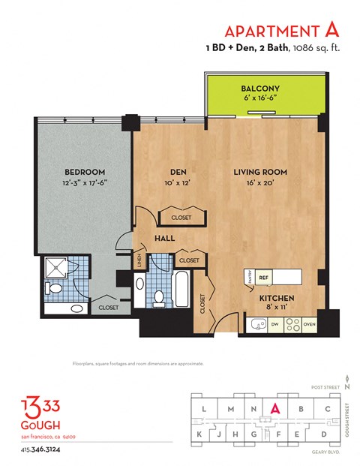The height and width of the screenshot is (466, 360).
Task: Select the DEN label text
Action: click(x=174, y=172)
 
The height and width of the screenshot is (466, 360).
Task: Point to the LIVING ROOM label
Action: click(x=259, y=172)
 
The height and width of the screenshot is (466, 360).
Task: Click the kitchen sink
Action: click(x=257, y=325)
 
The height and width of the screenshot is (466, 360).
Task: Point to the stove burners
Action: click(x=292, y=325)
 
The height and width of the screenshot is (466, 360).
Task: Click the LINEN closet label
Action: click(x=139, y=260)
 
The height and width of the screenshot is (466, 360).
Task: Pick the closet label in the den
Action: click(x=181, y=218)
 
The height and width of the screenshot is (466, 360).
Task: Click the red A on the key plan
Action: click(x=275, y=408)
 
